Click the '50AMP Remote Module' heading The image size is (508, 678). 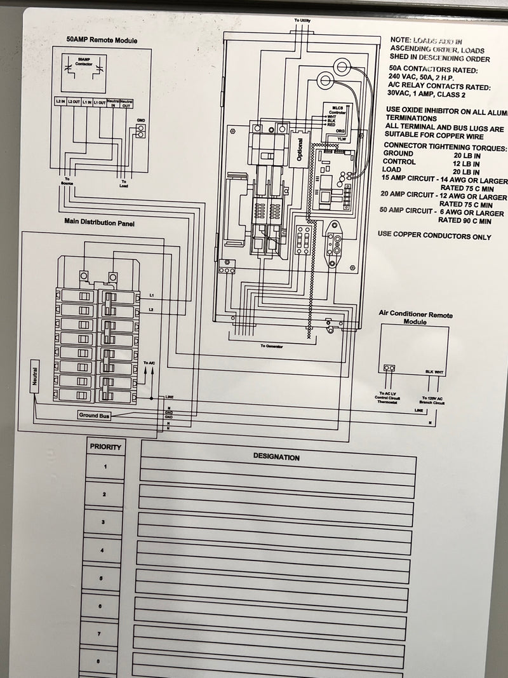coord(102,40)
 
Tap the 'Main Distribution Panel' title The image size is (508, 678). coord(99,223)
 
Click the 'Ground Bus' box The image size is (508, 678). coord(93,415)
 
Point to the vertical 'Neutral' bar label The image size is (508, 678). coord(34,376)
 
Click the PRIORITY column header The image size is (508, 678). coord(105,447)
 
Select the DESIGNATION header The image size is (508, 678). coord(276,457)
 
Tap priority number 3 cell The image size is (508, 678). coord(103,522)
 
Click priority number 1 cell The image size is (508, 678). coord(105,467)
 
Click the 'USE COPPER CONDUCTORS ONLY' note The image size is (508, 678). coord(434,237)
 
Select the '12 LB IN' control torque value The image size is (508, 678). coord(467,163)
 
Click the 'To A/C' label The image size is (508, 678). coord(149,363)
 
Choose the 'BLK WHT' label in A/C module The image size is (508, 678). coord(434,372)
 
